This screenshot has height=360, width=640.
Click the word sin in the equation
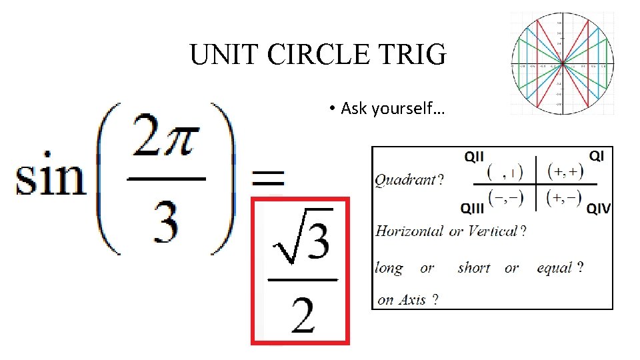point(51,178)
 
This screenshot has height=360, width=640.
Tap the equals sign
point(267,178)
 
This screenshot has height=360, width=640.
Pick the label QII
point(474,157)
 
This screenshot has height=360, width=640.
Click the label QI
point(597,155)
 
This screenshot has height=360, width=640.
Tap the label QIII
point(473,209)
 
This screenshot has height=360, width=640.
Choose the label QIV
point(598,209)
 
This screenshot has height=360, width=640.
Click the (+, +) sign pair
point(565,171)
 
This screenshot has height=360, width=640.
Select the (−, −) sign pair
point(506,197)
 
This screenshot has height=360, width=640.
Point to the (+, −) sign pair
point(565,197)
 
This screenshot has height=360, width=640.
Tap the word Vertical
point(493,231)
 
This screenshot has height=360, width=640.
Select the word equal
point(556,268)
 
